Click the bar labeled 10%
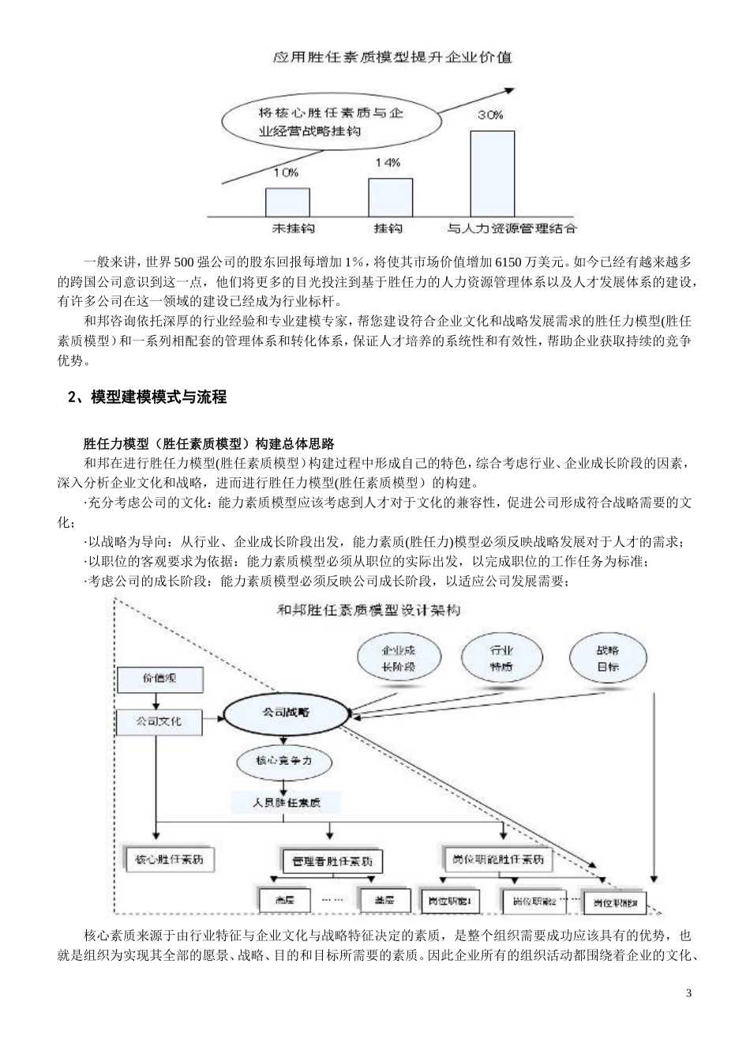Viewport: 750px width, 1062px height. pyautogui.click(x=287, y=201)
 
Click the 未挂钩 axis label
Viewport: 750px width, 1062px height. pyautogui.click(x=293, y=228)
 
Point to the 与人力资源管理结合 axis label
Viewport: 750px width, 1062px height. pyautogui.click(x=512, y=228)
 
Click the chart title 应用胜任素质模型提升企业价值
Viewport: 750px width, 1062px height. pyautogui.click(x=392, y=57)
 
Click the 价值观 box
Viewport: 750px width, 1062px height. pyautogui.click(x=159, y=679)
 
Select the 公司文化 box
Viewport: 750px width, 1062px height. pyautogui.click(x=159, y=721)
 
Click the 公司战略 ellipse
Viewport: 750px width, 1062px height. pyautogui.click(x=286, y=712)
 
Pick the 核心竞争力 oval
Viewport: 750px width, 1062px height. pyautogui.click(x=284, y=760)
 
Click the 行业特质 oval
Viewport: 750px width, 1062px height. pyautogui.click(x=501, y=658)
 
